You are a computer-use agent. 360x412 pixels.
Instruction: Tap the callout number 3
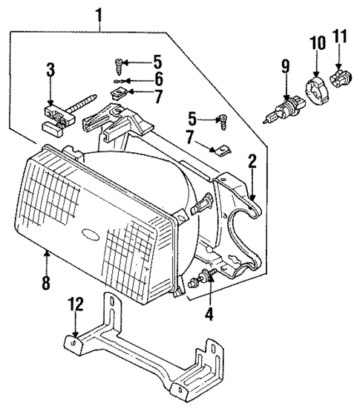pos(50,71)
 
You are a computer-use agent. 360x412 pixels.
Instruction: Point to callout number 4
pos(209,314)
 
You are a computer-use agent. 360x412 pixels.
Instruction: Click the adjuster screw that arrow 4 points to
pos(203,281)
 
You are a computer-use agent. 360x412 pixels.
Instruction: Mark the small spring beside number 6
pos(121,79)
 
